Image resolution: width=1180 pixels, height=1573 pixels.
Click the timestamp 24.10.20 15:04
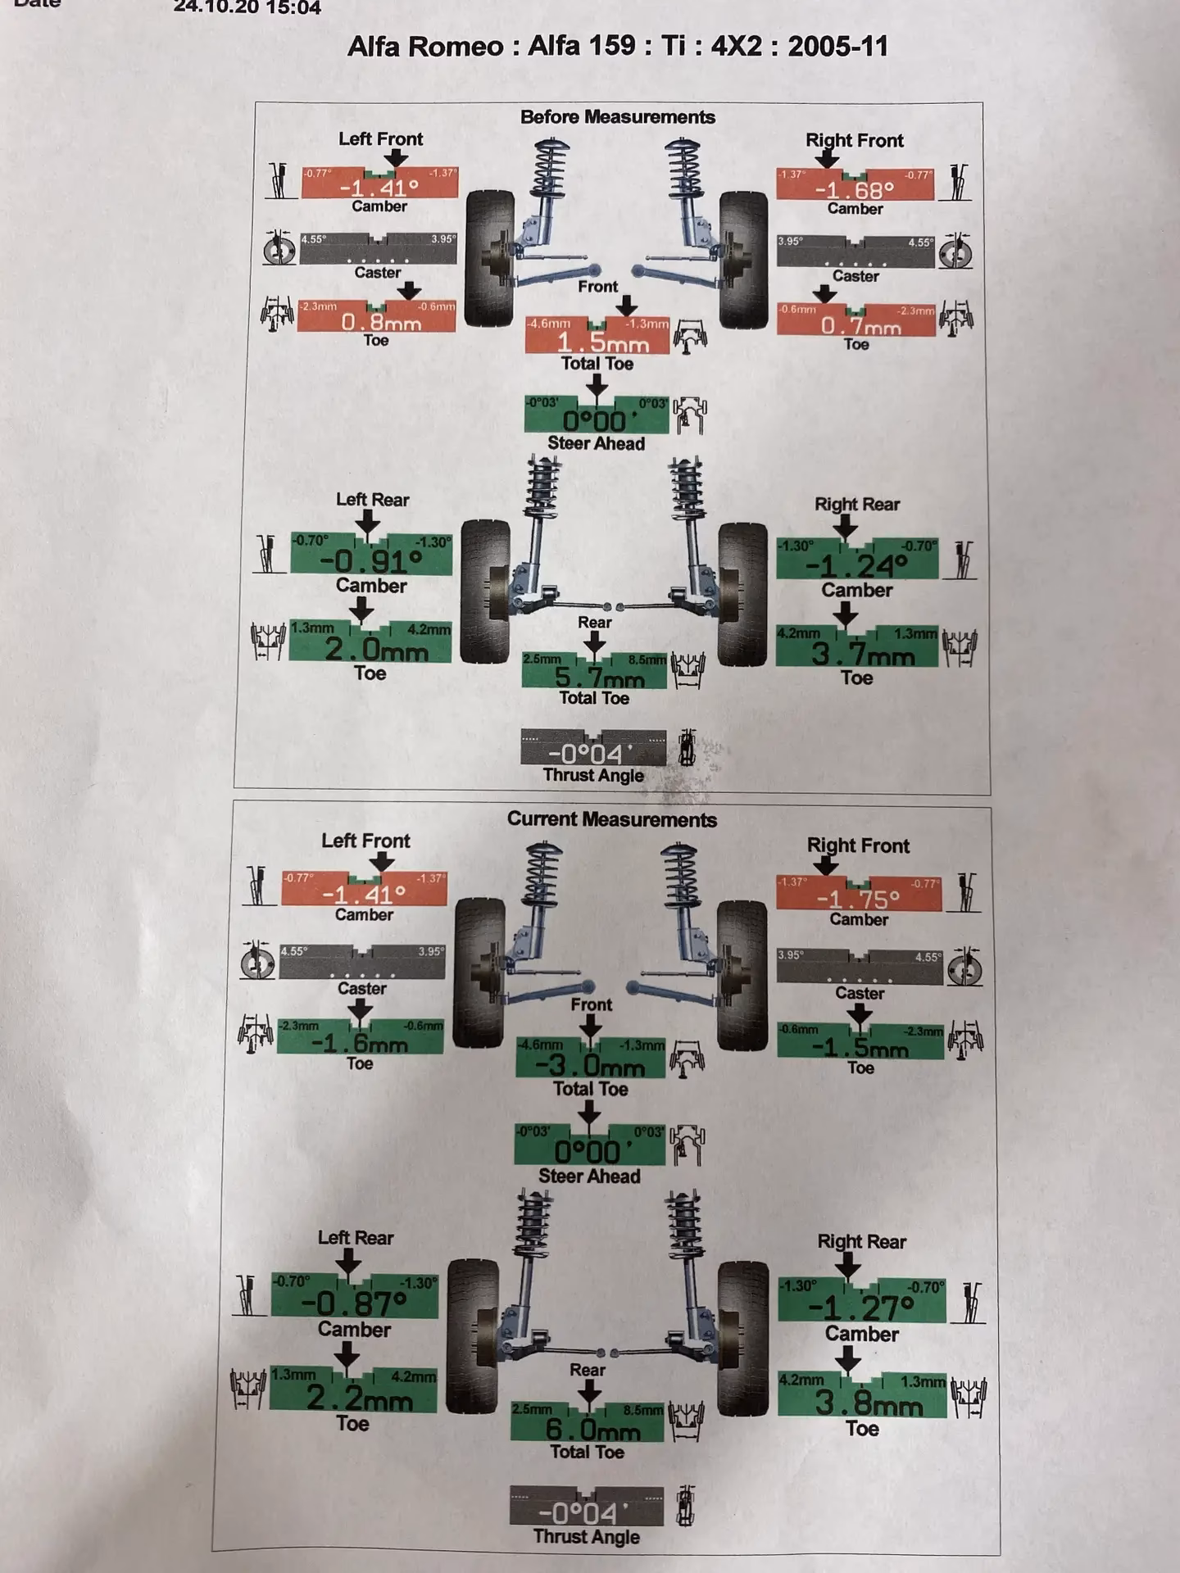[247, 8]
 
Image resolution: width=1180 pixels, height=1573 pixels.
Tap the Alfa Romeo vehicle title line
[617, 46]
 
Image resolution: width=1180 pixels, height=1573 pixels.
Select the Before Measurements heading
[617, 117]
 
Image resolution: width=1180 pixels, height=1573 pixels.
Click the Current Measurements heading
[611, 819]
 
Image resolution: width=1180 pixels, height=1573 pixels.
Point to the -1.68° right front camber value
[854, 190]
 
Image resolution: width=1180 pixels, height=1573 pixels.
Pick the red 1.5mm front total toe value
[602, 342]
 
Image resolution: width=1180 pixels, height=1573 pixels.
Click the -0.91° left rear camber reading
[370, 562]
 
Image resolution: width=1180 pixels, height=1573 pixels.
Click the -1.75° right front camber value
[858, 900]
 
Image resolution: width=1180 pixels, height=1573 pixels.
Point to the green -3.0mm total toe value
[590, 1067]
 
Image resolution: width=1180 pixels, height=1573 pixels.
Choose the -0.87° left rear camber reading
[354, 1303]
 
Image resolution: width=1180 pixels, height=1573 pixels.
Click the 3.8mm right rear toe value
[868, 1403]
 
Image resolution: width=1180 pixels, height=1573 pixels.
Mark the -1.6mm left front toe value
[360, 1044]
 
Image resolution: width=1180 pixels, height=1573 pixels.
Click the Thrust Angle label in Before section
[593, 775]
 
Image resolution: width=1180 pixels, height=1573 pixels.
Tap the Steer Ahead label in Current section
[589, 1176]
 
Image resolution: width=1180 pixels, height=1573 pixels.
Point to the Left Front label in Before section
[380, 139]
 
